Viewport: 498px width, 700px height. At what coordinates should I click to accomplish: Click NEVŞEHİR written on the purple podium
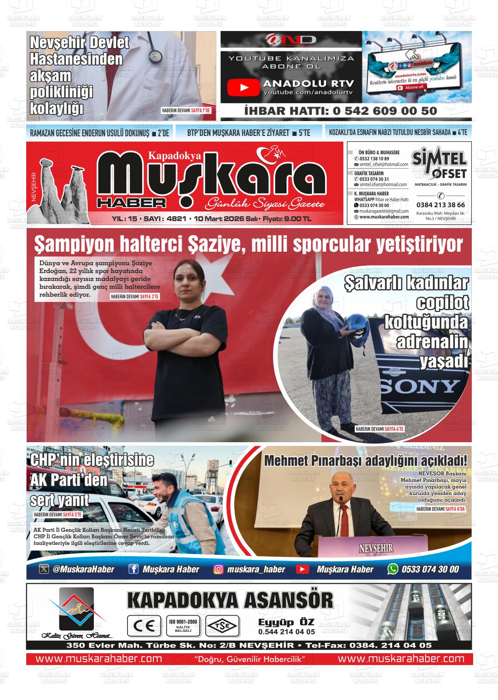(376, 548)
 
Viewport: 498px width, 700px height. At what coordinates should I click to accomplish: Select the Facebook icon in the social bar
(133, 569)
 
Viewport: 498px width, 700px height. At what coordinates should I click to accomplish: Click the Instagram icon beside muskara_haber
(218, 569)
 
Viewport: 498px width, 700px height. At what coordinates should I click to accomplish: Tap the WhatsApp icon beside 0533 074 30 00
(393, 569)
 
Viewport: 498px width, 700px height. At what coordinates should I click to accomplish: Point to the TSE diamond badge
(222, 626)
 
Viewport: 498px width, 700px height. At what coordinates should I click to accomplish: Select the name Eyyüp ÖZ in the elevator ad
(286, 622)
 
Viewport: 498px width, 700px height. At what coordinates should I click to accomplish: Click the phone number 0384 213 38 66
(440, 204)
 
